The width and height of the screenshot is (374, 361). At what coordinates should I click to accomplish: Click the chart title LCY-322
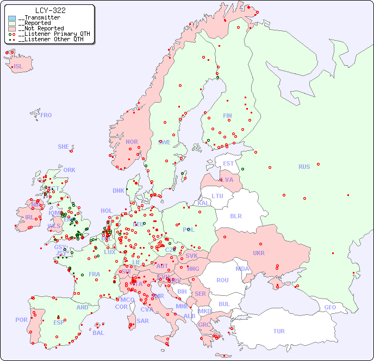(x=50, y=10)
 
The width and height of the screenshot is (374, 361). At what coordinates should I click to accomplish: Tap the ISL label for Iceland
(x=18, y=67)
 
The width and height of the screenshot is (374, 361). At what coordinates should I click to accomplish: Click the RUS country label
(x=304, y=167)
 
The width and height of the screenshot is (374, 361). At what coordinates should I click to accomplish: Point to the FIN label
(x=227, y=116)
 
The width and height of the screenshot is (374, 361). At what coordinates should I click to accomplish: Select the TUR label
(x=279, y=331)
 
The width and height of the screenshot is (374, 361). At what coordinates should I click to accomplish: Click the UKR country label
(x=259, y=253)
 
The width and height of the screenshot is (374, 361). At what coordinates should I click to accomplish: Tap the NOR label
(x=132, y=142)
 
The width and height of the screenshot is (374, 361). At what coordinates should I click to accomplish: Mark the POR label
(x=21, y=320)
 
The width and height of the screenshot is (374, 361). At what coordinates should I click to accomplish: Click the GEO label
(x=330, y=307)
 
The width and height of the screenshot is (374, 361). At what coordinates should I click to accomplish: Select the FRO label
(x=46, y=115)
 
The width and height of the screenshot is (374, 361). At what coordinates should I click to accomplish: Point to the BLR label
(x=236, y=216)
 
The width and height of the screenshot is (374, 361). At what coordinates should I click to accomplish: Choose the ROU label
(x=222, y=280)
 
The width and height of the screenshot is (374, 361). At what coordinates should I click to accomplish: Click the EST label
(x=228, y=163)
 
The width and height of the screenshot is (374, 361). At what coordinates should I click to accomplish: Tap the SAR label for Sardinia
(x=143, y=321)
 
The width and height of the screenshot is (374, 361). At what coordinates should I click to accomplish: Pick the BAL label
(x=98, y=333)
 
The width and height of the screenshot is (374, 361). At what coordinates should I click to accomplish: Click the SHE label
(x=64, y=147)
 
